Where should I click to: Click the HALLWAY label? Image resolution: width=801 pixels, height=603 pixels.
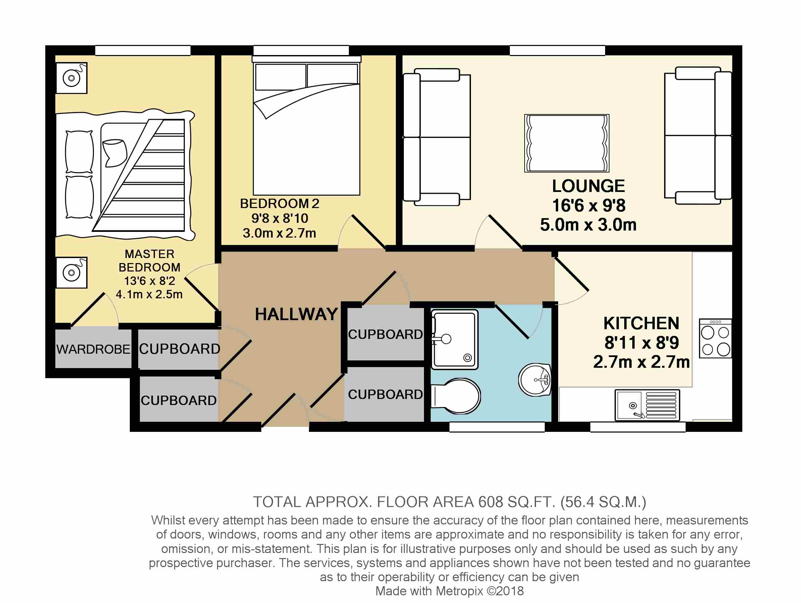296,314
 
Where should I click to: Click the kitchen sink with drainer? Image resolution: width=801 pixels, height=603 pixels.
647,406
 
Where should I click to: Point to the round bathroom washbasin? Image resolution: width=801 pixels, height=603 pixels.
535,380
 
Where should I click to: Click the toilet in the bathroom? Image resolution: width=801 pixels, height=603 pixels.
456,397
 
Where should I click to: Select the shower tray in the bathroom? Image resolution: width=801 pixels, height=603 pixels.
455,339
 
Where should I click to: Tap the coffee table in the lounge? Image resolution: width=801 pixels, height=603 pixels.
567,143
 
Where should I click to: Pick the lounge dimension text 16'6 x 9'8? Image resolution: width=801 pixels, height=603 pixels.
589,206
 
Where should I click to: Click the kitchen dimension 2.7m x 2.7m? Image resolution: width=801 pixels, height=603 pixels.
641,362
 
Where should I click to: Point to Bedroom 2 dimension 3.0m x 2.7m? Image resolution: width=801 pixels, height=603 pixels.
279,233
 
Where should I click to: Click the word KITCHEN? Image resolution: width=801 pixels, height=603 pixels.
641,323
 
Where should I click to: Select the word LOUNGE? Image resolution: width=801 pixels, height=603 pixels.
588,186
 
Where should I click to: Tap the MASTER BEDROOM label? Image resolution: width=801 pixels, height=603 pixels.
150,261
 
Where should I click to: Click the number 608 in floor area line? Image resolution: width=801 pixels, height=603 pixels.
491,502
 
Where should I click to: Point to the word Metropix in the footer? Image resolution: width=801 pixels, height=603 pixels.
460,591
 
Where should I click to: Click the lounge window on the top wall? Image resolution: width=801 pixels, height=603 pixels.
557,50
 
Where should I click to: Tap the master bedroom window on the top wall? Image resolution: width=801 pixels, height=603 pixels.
143,50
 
